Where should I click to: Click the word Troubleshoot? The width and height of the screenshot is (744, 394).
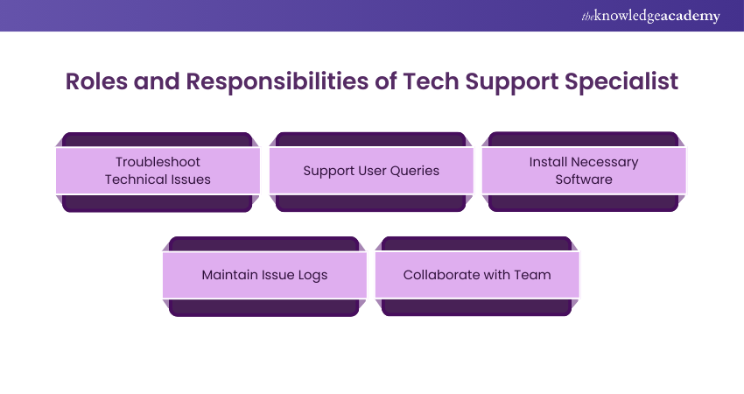pyautogui.click(x=158, y=162)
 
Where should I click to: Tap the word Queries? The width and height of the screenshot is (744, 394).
pyautogui.click(x=414, y=170)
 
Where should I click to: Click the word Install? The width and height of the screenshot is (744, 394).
pyautogui.click(x=546, y=162)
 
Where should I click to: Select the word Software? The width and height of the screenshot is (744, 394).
pyautogui.click(x=584, y=179)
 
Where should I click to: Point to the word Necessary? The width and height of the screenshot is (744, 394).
pyautogui.click(x=605, y=162)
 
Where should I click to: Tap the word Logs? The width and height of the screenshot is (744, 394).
pyautogui.click(x=312, y=275)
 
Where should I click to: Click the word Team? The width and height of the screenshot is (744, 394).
pyautogui.click(x=533, y=275)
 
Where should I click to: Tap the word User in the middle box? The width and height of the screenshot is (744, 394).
pyautogui.click(x=366, y=170)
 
